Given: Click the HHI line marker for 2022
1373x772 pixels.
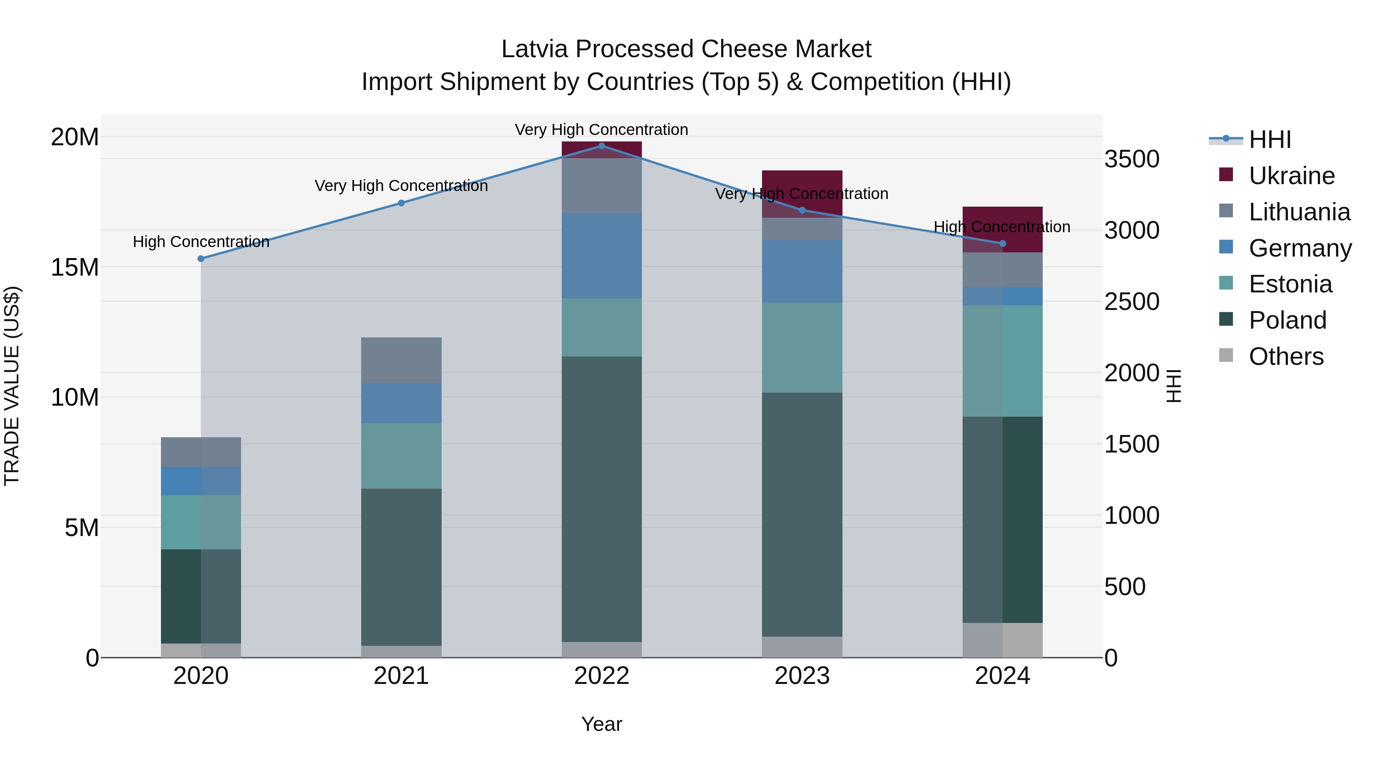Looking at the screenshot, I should (602, 146).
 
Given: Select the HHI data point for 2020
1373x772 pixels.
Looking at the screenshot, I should (201, 258).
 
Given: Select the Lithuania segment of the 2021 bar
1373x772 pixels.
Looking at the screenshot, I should (401, 360).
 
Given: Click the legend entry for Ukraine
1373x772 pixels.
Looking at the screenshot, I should (1291, 176).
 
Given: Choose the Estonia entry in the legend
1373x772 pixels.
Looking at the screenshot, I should (1290, 284).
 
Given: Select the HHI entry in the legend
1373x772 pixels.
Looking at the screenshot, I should (1270, 140).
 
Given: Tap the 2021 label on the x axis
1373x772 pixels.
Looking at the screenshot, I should (401, 676).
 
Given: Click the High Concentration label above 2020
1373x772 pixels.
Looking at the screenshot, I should (201, 241).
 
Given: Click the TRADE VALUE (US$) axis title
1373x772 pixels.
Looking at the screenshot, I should (12, 386).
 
